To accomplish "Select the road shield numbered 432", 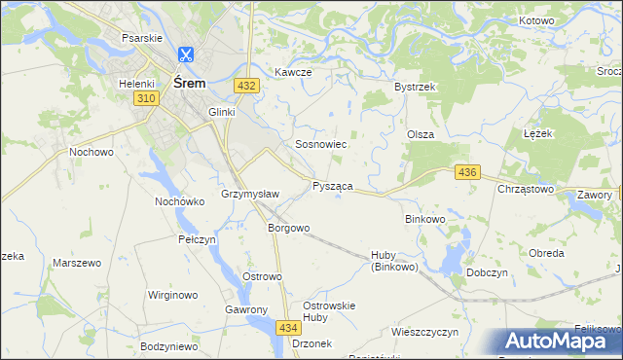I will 246,86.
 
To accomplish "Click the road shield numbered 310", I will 146,99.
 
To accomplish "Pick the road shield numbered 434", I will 287,328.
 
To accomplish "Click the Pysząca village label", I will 332,185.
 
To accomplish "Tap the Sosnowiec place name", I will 321,144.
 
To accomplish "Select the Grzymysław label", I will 250,194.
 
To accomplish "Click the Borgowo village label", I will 288,228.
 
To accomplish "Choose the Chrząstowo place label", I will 526,189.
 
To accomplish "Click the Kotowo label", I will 535,20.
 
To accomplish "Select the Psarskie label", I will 140,38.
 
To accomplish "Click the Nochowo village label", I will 92,153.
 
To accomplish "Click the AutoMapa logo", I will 557,342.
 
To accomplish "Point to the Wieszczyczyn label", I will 424,332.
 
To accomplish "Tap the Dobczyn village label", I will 490,273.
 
